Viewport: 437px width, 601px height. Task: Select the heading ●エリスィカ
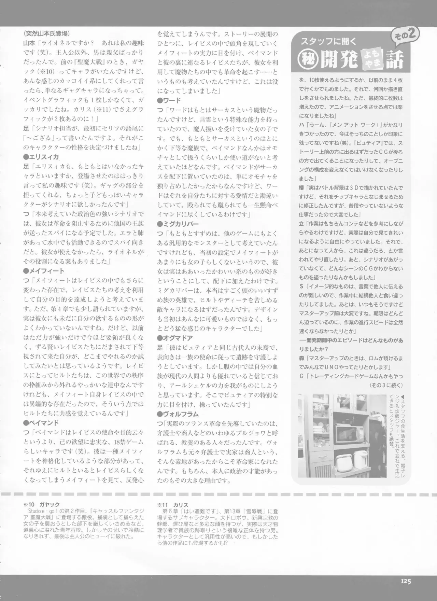pos(41,157)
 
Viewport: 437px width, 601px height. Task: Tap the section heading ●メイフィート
pos(44,271)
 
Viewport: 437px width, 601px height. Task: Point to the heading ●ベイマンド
pos(41,423)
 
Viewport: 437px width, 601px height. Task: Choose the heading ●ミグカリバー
pos(178,224)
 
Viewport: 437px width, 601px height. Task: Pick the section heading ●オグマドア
pos(175,338)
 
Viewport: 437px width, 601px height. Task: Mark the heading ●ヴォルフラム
pos(178,414)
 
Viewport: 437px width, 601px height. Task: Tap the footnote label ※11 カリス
pos(173,505)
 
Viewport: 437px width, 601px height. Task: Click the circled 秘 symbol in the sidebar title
pos(305,59)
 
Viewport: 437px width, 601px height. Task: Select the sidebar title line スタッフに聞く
pos(328,41)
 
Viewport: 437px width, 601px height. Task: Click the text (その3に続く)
pos(386,385)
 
